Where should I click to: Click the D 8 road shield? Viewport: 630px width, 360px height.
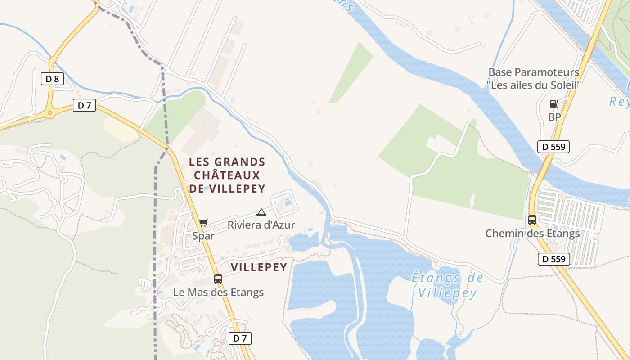[52, 79]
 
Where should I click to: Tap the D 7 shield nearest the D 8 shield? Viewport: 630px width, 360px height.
[84, 106]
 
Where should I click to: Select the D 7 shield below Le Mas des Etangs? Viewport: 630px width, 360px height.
[240, 338]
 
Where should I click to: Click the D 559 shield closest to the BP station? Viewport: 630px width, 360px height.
[553, 146]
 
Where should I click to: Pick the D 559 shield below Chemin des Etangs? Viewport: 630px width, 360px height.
[553, 259]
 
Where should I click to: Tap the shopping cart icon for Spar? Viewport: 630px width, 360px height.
[203, 223]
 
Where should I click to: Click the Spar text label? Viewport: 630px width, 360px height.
[203, 236]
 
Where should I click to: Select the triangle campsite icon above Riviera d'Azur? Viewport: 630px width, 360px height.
[261, 212]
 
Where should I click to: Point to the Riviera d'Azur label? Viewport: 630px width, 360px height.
[261, 225]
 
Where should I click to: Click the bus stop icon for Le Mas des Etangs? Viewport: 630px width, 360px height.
[218, 279]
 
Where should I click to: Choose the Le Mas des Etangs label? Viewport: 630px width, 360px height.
[218, 292]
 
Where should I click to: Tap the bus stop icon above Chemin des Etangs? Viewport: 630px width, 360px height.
[532, 220]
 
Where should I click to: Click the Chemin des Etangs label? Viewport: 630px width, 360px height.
[532, 234]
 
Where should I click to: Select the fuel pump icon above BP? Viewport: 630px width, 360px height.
[554, 104]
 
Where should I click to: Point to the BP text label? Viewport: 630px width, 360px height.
[554, 117]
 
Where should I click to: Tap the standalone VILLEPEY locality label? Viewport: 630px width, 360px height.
[259, 267]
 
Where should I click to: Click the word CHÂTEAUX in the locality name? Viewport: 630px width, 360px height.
[227, 175]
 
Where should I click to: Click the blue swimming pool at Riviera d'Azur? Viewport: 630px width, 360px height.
[287, 202]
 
